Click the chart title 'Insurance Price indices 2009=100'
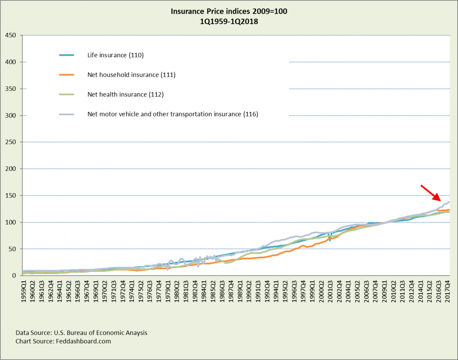tap(229, 12)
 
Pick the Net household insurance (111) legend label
tap(131, 75)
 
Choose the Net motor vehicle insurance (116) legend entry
tap(173, 114)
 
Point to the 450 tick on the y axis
tap(10, 36)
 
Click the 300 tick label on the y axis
tap(10, 116)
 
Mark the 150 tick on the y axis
tap(10, 196)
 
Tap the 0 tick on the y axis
tap(13, 276)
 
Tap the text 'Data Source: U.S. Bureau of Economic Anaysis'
tap(81, 333)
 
